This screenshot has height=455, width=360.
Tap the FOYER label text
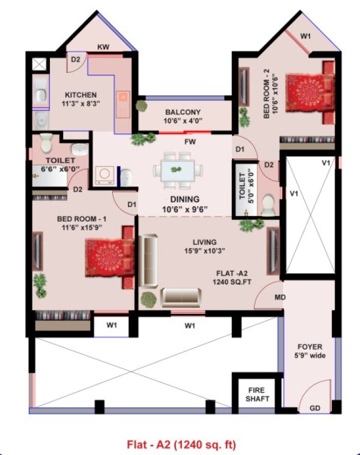tap(315, 350)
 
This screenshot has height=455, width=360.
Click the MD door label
tap(280, 297)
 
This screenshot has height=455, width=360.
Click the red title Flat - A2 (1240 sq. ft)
tap(180, 443)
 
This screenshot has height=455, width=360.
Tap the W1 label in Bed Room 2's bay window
tap(305, 36)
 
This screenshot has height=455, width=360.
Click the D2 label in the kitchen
tap(76, 58)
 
